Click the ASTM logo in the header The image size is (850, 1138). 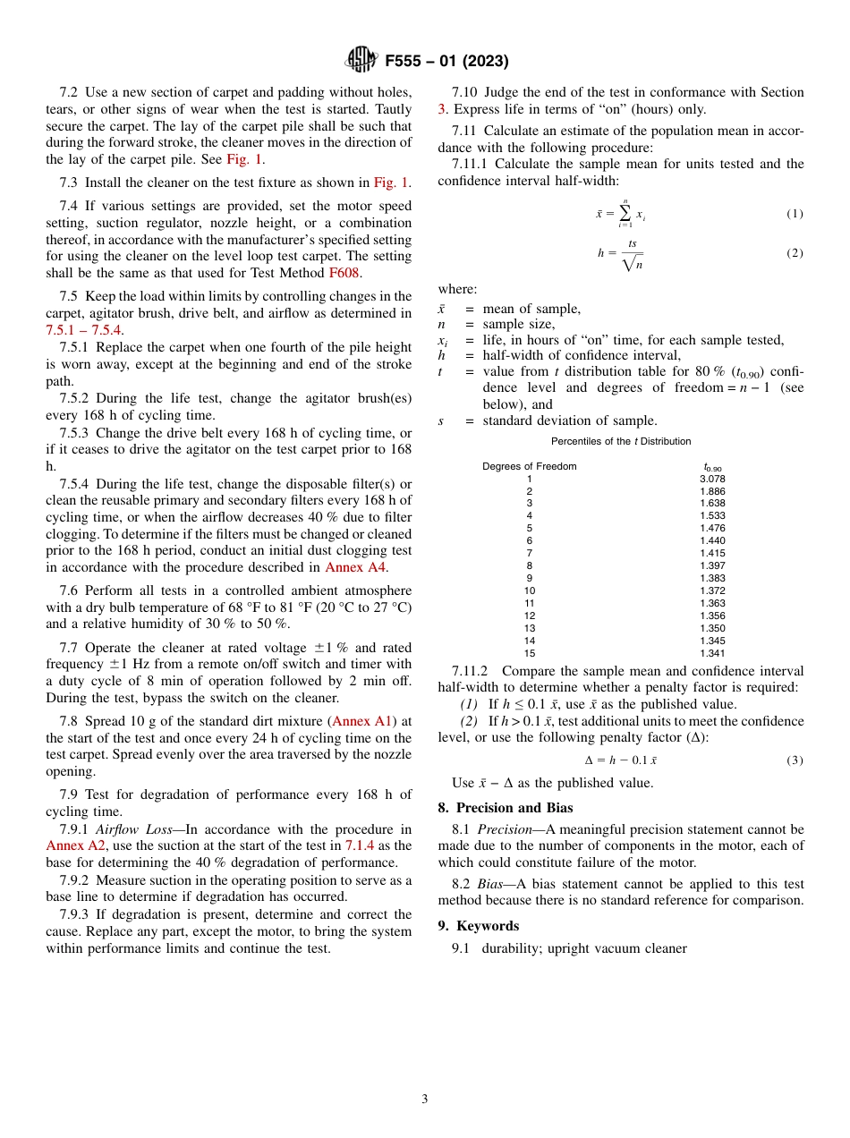362,61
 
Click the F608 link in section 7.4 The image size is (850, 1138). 344,273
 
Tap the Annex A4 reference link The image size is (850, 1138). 355,567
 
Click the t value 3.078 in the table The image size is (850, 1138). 712,479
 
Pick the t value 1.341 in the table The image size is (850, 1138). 712,653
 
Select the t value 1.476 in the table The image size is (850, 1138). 712,528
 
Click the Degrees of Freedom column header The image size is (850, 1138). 530,466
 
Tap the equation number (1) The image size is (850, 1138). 795,214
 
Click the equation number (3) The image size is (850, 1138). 795,760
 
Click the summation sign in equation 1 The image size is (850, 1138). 625,213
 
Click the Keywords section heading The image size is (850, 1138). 487,926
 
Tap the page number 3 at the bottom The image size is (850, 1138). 425,1100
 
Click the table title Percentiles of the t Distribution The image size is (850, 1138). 621,441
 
